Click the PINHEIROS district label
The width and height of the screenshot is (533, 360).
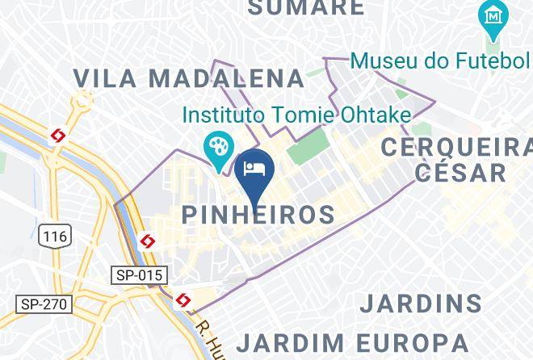point(258,215)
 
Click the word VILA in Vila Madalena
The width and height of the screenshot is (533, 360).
point(102,78)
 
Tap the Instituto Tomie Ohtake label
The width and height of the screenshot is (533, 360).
point(296,115)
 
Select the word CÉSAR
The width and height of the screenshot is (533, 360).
point(461,172)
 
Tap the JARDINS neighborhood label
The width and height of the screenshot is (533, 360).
point(421,304)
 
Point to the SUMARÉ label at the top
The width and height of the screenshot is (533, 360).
point(305,8)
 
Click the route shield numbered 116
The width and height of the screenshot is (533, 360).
point(54,236)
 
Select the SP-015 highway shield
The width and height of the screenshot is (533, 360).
point(138,275)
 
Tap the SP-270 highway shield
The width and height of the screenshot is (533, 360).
point(45,304)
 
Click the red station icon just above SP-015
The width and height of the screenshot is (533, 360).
point(147,241)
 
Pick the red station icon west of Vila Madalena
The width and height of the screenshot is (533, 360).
point(57,136)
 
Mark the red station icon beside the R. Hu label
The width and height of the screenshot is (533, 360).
point(183,301)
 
